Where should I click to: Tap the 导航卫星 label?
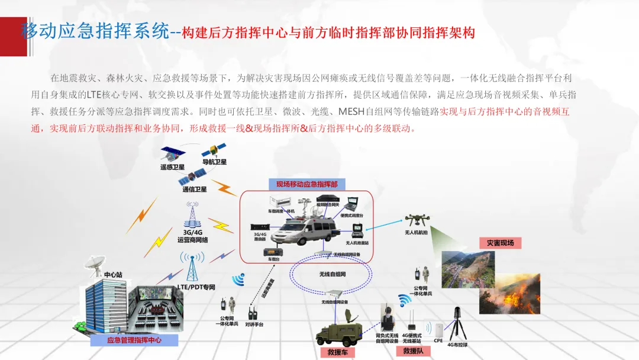214,162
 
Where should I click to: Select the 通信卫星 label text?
195,189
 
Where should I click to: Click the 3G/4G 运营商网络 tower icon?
192,215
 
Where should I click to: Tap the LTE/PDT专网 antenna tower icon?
192,266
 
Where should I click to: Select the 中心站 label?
113,275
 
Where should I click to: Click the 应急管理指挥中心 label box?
134,340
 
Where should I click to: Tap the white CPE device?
438,330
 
